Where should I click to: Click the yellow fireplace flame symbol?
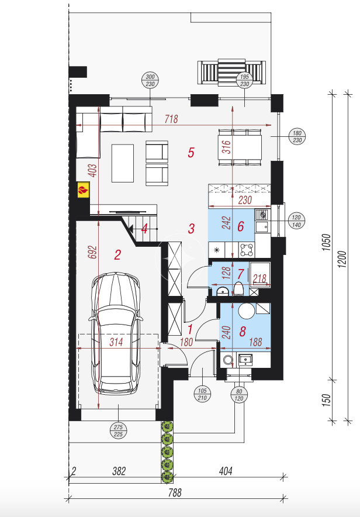84,190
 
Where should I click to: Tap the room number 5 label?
191,153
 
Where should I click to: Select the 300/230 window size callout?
150,81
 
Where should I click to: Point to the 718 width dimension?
171,119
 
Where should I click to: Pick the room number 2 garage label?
117,255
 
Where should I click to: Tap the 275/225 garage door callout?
118,430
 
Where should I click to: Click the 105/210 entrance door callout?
202,394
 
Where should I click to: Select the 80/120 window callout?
239,395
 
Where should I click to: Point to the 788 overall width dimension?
175,492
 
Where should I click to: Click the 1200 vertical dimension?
342,259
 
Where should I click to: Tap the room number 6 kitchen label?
240,226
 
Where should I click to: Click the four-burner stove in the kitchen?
247,250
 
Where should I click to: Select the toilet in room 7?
238,289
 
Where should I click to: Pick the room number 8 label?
243,332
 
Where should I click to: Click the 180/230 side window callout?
297,136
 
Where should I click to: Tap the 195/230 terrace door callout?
244,80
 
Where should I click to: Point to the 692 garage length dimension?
93,252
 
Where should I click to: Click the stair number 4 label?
144,229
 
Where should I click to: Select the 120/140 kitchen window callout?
296,221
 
